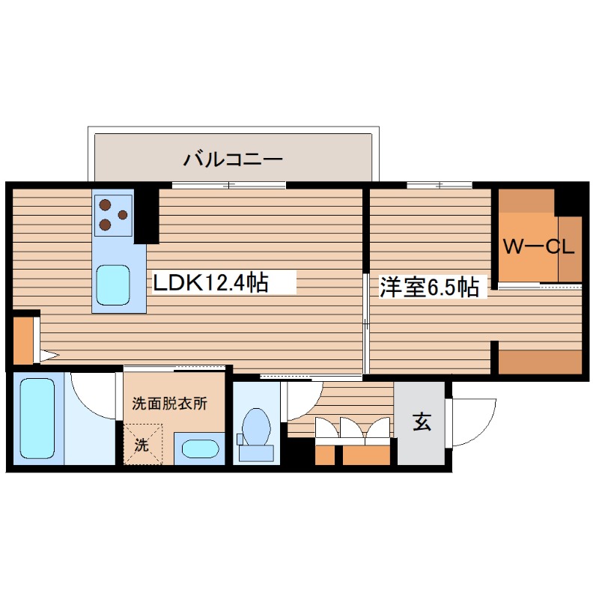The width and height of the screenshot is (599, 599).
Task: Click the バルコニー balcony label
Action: [232, 159]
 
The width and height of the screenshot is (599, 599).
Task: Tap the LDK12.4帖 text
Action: [211, 283]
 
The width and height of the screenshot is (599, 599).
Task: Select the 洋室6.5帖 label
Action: [428, 288]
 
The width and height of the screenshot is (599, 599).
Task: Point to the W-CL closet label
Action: [538, 247]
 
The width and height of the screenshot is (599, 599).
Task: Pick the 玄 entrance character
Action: [421, 423]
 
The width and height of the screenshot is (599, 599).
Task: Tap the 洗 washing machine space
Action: [142, 444]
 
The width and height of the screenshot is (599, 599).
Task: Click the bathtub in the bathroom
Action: [36, 418]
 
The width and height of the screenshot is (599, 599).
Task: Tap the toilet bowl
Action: [256, 430]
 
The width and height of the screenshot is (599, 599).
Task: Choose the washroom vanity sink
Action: [200, 449]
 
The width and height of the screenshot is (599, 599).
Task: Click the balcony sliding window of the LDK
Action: [228, 184]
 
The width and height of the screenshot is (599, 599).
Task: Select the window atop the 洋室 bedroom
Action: [440, 184]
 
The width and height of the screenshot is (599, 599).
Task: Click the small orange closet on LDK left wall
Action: [23, 341]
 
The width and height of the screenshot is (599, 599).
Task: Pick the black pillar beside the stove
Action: [147, 216]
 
